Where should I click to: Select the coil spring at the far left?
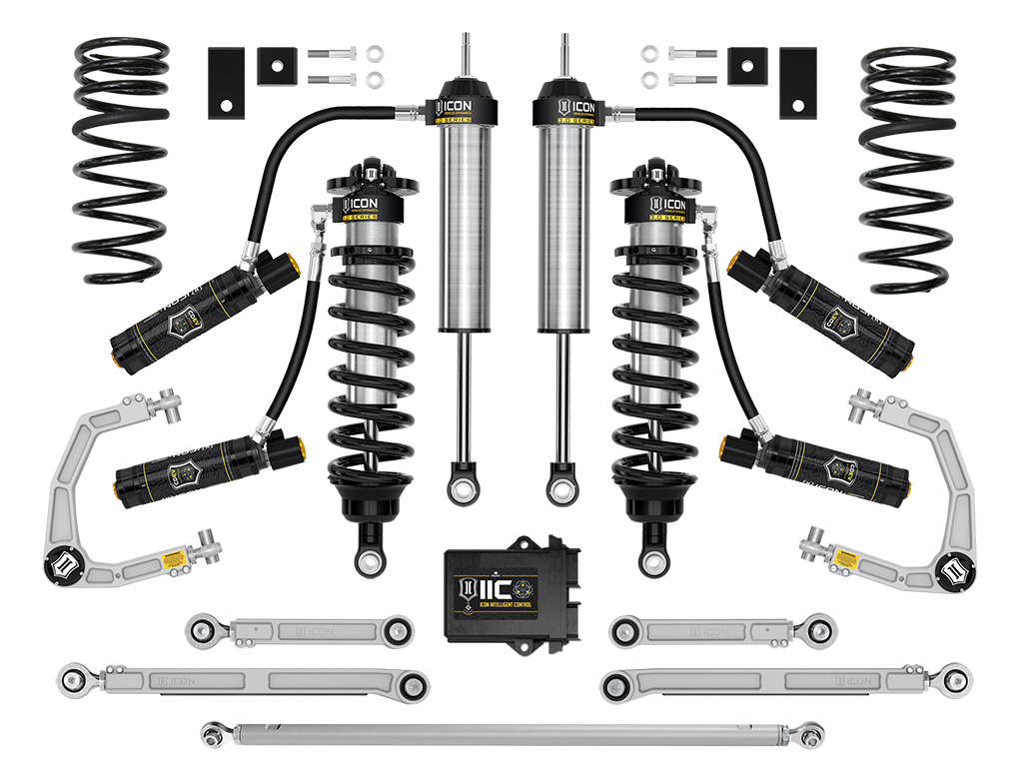(123, 160)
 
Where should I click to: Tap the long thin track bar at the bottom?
(511, 734)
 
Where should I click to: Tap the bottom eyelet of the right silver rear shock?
(558, 488)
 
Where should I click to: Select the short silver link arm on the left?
(299, 630)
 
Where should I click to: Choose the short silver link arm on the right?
(722, 630)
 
